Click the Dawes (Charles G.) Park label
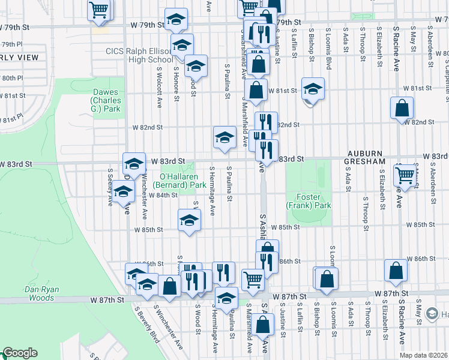tap(106, 100)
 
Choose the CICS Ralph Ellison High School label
tap(139, 55)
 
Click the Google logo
tap(20, 353)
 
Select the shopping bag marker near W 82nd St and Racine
tap(402, 109)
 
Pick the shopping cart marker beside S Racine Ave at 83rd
tap(406, 175)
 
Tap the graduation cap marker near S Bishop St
tap(313, 90)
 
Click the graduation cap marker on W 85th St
tap(189, 220)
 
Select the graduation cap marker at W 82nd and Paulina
tap(224, 137)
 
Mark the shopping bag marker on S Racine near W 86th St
tap(396, 271)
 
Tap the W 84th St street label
tap(164, 195)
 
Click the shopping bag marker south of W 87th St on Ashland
tap(262, 325)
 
